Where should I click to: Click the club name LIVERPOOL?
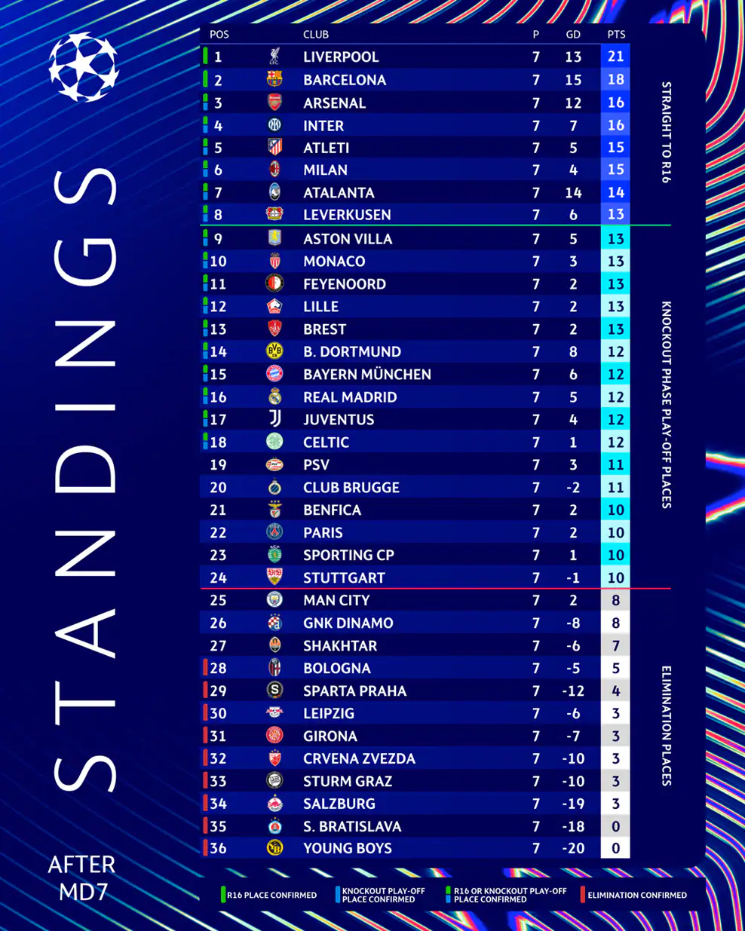click(341, 57)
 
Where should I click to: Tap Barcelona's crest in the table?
click(274, 79)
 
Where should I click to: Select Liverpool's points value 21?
click(615, 57)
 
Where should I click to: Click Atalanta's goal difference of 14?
click(573, 193)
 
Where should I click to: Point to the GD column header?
click(573, 34)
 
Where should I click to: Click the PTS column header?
click(616, 34)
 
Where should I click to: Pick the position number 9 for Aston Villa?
click(218, 239)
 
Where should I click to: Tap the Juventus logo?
click(275, 418)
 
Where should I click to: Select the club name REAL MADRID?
click(350, 397)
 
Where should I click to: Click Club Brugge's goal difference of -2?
click(573, 488)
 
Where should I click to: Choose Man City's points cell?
click(615, 601)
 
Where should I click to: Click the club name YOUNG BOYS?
click(348, 848)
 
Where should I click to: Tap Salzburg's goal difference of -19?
click(573, 804)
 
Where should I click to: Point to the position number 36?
click(218, 848)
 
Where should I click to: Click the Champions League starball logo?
click(84, 67)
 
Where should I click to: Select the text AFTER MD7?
click(82, 877)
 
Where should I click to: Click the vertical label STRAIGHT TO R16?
click(666, 132)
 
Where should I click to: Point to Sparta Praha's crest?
click(275, 690)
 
